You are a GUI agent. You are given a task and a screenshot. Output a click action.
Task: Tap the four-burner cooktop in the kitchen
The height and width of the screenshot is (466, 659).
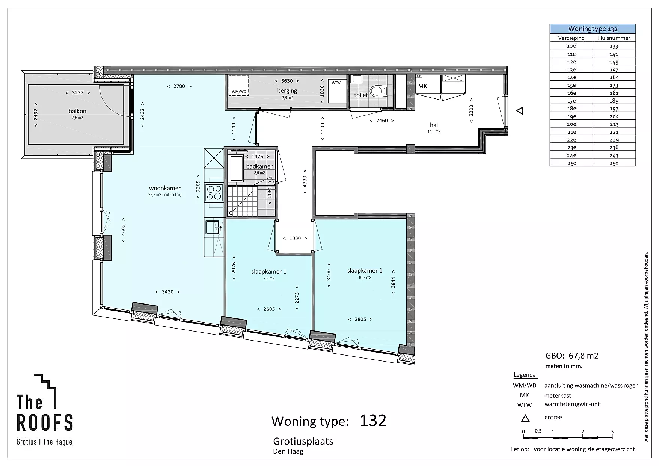tap(214, 193)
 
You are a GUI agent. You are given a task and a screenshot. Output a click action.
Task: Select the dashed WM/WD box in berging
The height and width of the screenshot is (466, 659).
tap(238, 86)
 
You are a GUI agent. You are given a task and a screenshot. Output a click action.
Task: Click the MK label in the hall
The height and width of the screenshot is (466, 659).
tap(422, 86)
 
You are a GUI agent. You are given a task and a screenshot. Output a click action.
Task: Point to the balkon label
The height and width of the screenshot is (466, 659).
tap(77, 111)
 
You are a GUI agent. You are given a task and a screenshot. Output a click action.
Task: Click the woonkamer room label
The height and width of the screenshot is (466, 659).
tap(165, 188)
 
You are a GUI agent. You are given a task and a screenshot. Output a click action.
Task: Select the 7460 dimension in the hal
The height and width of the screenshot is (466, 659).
tap(382, 121)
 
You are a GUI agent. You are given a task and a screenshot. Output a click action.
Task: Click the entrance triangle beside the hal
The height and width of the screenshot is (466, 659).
tap(520, 111)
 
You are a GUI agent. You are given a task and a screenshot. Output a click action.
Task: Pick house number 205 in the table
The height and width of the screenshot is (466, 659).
tap(614, 116)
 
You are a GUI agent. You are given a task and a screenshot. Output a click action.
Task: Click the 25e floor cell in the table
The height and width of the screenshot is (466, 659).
tap(571, 163)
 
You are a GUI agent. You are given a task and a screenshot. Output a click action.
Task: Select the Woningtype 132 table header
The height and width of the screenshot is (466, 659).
tap(593, 29)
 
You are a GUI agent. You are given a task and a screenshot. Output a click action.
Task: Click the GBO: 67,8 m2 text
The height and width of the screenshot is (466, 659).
tap(572, 356)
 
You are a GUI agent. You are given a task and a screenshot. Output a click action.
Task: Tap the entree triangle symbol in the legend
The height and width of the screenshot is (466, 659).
tap(525, 418)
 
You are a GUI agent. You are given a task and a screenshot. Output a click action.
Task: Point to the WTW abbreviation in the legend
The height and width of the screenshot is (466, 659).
tap(525, 405)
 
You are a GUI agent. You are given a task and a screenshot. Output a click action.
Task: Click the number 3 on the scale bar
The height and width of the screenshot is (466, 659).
tap(612, 431)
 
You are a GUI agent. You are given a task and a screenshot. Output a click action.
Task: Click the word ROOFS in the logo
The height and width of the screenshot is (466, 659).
tap(45, 422)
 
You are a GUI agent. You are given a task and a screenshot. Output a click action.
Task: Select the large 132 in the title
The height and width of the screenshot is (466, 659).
tap(373, 421)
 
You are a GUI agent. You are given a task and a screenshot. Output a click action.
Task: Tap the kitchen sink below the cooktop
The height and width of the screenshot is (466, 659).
tap(213, 227)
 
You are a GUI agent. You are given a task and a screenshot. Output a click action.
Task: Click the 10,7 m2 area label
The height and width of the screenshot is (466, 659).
tap(365, 278)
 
